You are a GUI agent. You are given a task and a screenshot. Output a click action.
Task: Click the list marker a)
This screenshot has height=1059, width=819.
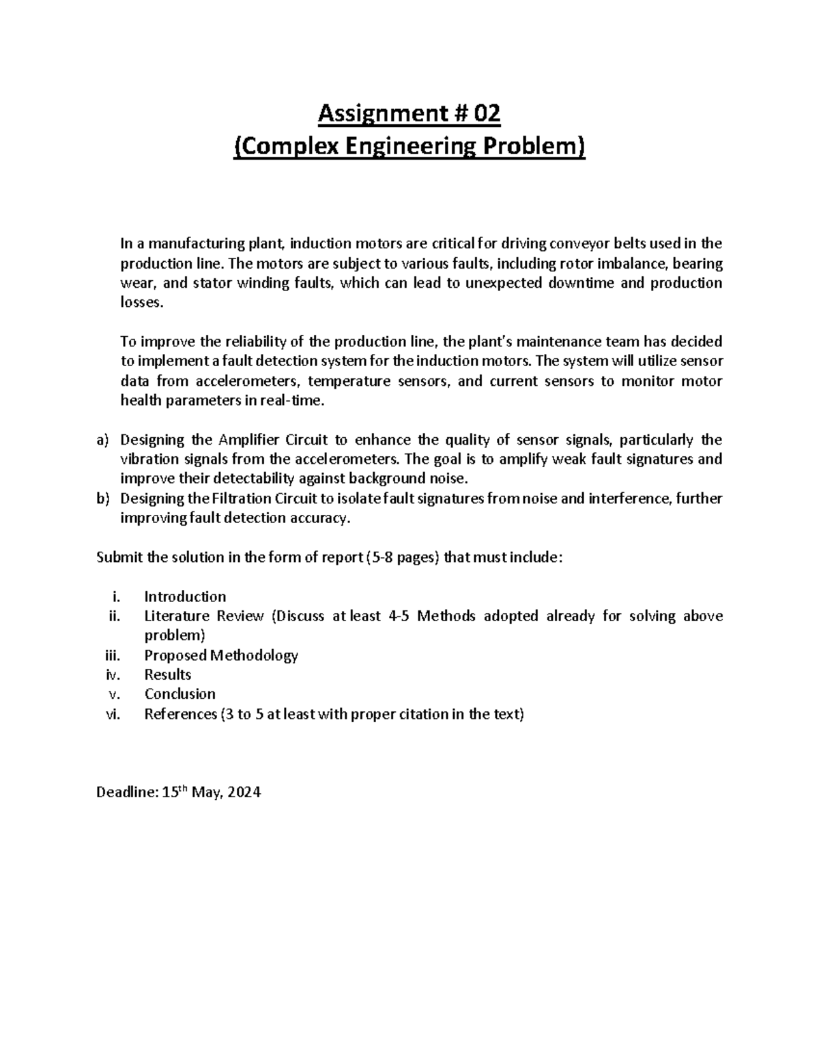click(102, 440)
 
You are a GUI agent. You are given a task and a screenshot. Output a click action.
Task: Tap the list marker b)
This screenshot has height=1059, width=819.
click(102, 498)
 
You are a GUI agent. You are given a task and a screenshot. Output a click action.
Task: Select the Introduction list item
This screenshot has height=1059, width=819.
click(185, 597)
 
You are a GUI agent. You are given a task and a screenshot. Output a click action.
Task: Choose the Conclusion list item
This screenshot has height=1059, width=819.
click(179, 694)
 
